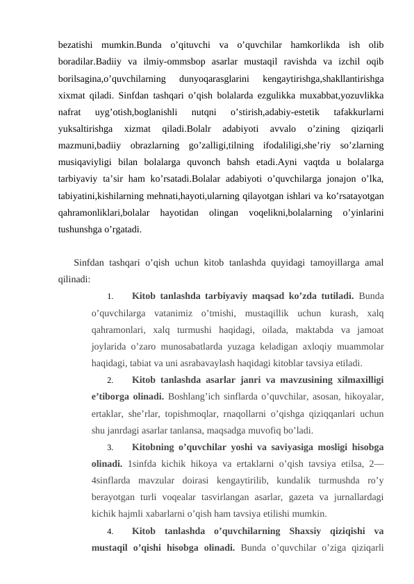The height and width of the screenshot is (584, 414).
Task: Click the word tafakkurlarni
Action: coord(359,110)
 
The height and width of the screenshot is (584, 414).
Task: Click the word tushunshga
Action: coord(86,224)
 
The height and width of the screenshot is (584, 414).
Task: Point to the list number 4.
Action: coord(110,532)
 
